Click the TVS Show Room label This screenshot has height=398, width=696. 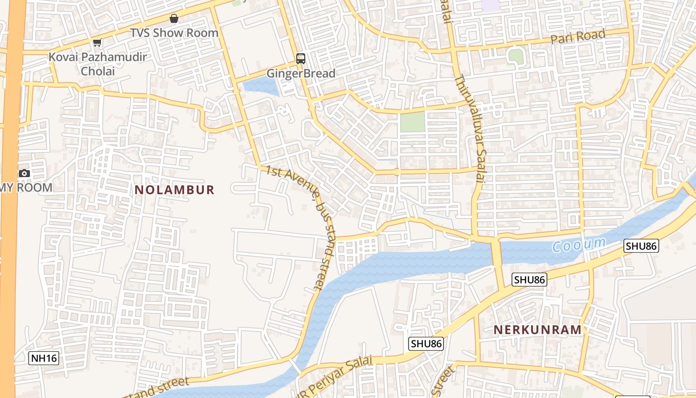click(174, 33)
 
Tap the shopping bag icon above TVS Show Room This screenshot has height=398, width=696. click(174, 19)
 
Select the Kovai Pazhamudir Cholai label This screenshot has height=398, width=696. click(97, 64)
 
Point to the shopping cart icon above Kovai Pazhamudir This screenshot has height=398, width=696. click(97, 43)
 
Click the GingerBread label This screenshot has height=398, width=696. click(301, 74)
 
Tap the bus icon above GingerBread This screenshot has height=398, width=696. click(301, 59)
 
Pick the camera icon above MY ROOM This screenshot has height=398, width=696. click(24, 173)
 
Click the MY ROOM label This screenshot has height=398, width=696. click(27, 188)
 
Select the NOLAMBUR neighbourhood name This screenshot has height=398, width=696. click(174, 190)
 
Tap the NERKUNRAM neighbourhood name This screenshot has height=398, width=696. click(538, 329)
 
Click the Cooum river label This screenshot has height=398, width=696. click(579, 245)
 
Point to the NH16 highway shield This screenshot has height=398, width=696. click(44, 358)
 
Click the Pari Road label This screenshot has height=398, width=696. click(578, 37)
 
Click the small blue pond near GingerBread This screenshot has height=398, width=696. click(261, 87)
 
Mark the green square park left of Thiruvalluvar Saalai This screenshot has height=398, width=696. click(413, 121)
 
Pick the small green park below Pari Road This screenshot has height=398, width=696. click(516, 56)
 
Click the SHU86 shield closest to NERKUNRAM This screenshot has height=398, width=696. click(529, 280)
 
